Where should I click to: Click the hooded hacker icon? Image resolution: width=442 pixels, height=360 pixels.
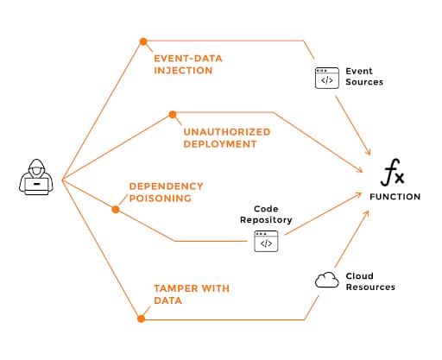36,177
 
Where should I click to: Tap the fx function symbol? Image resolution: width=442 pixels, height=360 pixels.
393,173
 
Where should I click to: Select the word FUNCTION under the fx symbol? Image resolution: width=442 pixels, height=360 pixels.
395,197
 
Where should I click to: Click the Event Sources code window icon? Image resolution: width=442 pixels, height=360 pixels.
327,78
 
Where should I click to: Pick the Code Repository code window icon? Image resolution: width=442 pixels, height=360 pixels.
266,241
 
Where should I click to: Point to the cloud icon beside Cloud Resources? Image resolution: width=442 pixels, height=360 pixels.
327,280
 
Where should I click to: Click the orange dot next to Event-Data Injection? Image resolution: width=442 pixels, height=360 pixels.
143,41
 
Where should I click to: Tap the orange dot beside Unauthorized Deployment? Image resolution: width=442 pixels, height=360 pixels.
173,115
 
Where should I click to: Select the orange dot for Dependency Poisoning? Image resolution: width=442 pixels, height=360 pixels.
116,209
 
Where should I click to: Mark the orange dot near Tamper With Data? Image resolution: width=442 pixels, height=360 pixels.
141,319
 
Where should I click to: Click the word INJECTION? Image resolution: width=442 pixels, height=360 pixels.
183,71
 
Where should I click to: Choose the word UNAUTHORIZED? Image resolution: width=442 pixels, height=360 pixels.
227,132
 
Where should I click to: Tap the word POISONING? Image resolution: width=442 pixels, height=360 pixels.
161,199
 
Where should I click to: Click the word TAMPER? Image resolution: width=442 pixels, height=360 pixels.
175,288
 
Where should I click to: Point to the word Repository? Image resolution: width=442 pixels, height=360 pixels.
266,220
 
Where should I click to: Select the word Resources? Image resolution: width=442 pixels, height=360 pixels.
370,287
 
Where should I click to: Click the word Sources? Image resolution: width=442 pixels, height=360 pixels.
364,82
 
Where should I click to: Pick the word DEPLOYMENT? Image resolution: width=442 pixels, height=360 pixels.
220,144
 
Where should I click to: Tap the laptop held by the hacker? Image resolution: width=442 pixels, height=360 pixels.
36,186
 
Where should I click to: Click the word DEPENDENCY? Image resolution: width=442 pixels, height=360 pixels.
167,186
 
